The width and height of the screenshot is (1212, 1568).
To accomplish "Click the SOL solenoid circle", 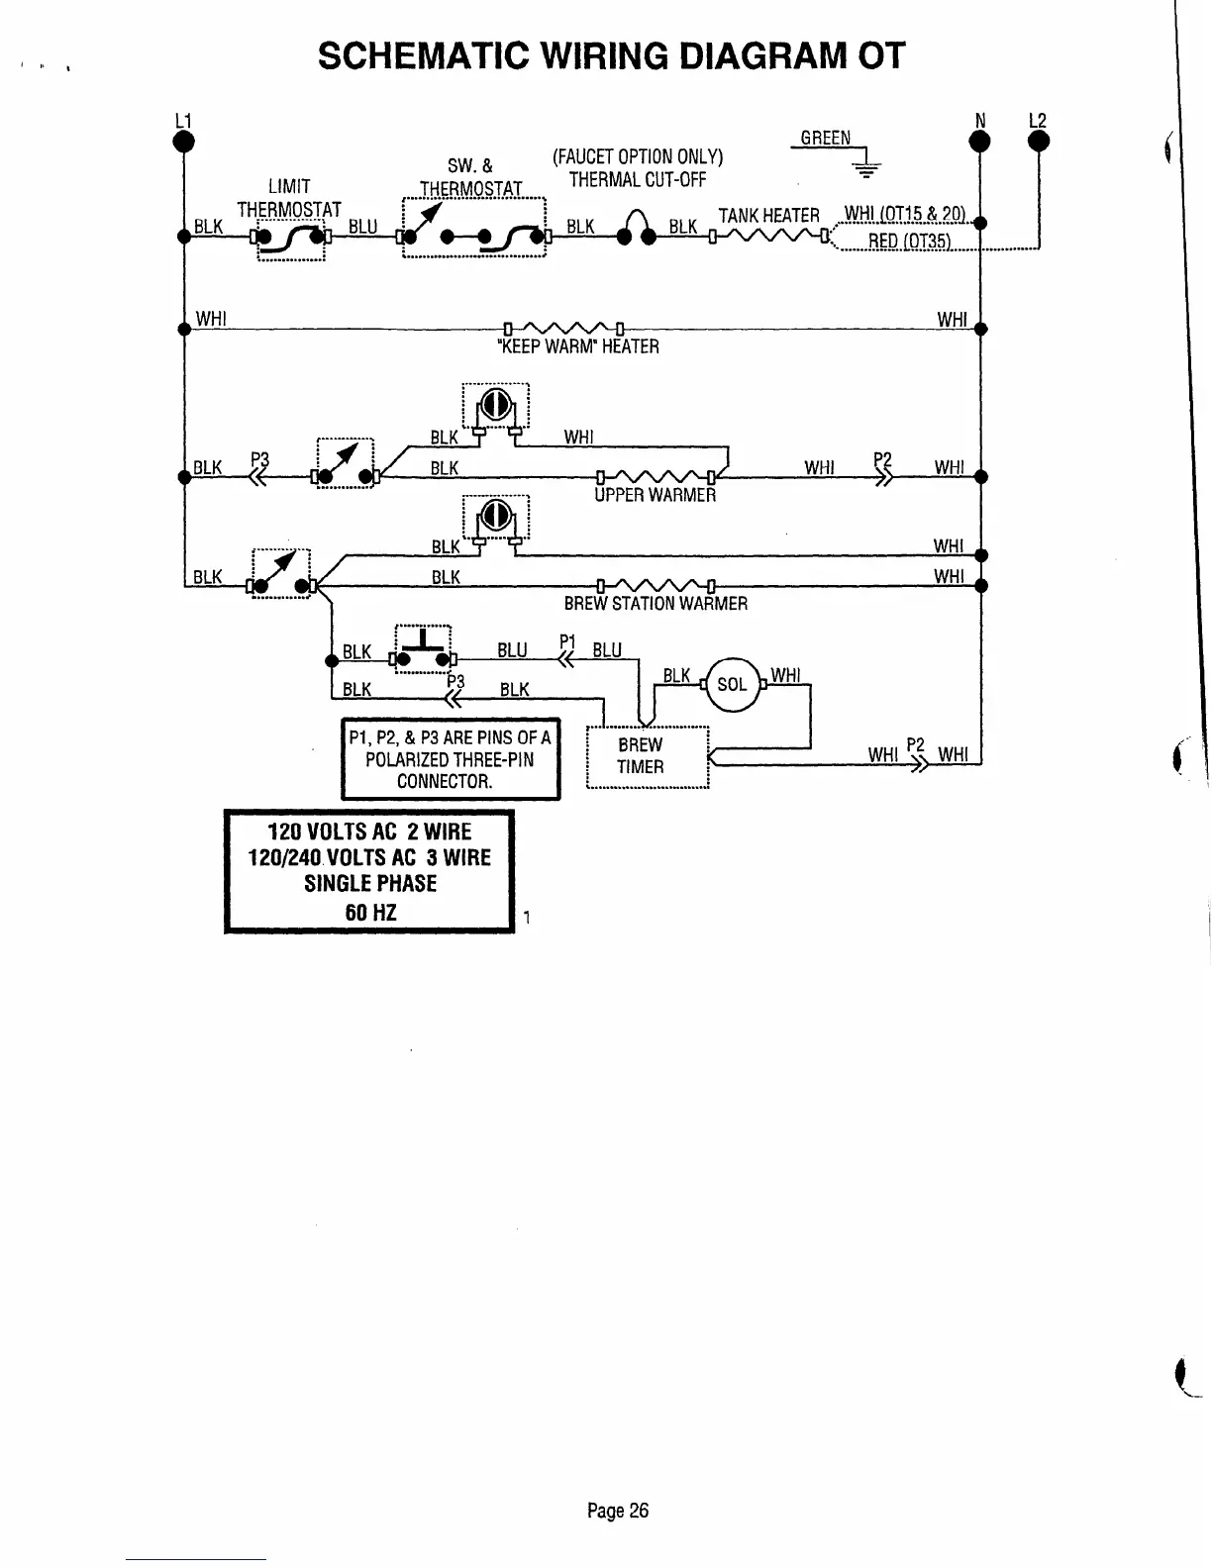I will click(x=732, y=684).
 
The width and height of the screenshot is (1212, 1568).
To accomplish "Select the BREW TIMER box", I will click(x=649, y=757).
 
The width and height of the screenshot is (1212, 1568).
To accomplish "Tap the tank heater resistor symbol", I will click(x=768, y=237).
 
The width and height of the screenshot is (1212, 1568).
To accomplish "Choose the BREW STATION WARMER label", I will click(x=656, y=604).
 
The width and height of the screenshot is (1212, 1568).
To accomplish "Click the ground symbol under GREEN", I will click(x=867, y=167).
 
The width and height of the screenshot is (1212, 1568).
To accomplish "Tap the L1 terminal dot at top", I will click(x=183, y=142).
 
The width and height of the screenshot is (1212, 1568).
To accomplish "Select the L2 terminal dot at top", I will click(x=1039, y=142).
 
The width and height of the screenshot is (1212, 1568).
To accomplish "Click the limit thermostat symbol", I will click(x=291, y=238).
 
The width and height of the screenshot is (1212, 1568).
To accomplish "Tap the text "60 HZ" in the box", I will click(x=370, y=912).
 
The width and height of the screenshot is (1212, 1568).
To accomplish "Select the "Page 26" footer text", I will click(x=617, y=1511).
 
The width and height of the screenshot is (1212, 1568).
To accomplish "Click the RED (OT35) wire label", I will click(x=909, y=243).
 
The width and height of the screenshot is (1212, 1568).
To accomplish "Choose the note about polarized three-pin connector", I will click(x=451, y=759).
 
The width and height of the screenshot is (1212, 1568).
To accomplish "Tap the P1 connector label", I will click(x=567, y=640).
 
